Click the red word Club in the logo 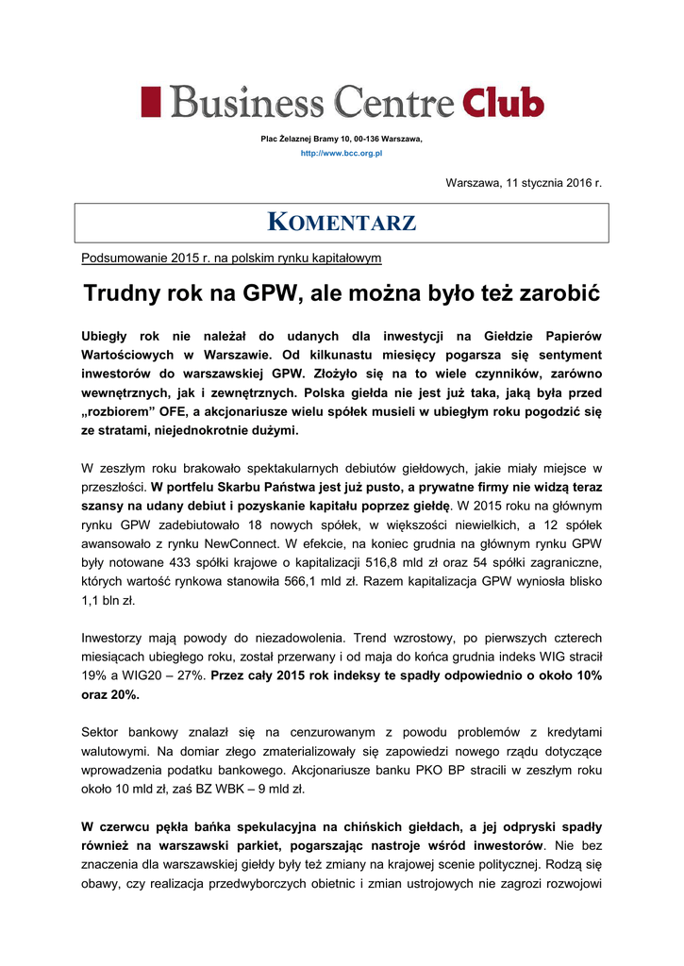(x=502, y=102)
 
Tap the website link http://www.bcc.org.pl (x=342, y=153)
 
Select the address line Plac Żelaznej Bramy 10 (x=342, y=139)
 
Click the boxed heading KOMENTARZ (x=342, y=224)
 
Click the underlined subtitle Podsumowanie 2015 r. (x=231, y=258)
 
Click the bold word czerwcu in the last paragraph (x=128, y=827)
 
